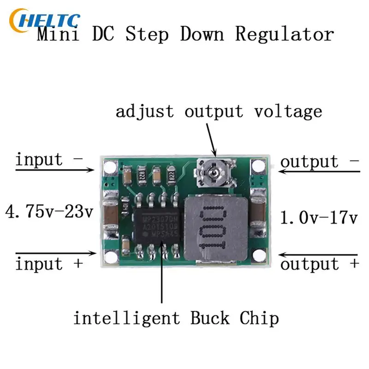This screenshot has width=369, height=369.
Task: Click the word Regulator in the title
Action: point(285,35)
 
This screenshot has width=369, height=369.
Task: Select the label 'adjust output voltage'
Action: point(219,111)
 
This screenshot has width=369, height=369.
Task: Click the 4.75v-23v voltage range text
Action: point(49,213)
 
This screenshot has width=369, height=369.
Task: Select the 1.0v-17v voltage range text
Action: point(319,216)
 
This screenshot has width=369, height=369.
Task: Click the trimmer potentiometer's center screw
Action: point(214,173)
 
